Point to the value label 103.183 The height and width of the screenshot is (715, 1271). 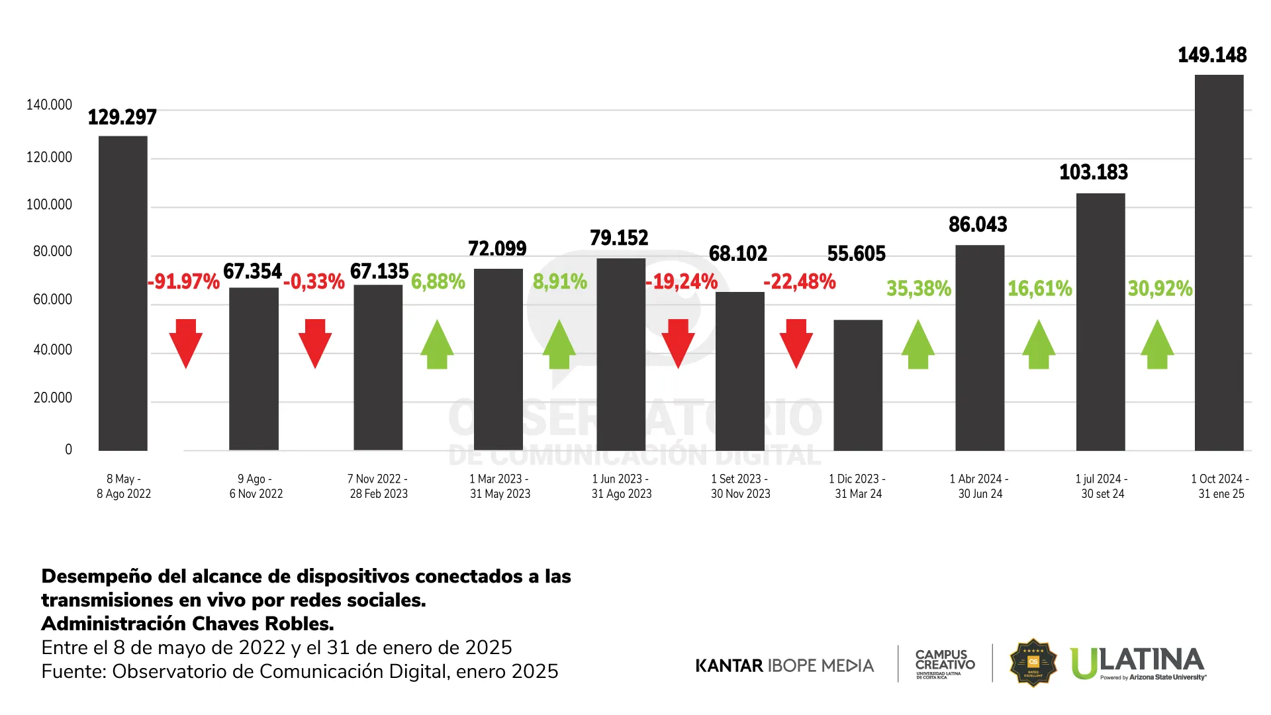click(1094, 173)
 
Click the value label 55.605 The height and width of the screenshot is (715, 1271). click(856, 254)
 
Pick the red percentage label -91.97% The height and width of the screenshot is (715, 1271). click(183, 282)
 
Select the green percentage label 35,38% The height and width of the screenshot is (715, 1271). click(919, 289)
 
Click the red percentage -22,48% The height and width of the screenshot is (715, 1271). click(800, 282)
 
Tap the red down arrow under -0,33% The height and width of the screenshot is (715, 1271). click(315, 343)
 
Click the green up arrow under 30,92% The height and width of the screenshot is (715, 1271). click(1157, 344)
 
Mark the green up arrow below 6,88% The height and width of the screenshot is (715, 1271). click(437, 344)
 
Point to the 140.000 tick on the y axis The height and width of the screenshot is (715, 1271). click(49, 105)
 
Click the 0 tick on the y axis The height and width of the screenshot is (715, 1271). click(68, 450)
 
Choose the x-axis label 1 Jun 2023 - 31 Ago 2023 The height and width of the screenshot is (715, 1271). click(621, 487)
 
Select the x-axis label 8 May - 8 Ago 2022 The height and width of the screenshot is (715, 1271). click(124, 487)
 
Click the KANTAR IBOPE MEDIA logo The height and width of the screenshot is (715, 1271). click(784, 665)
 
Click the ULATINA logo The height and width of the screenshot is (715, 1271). click(1137, 663)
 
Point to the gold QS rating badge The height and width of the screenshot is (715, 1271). click(1033, 663)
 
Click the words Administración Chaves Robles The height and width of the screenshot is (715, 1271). click(187, 624)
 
